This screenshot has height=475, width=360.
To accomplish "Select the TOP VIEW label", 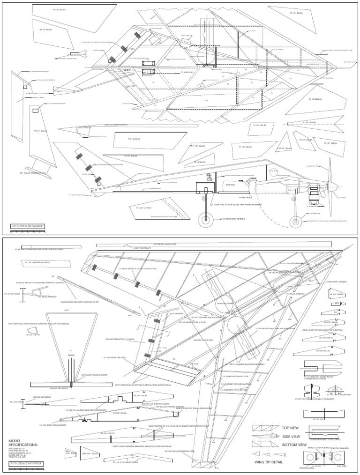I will [291, 427].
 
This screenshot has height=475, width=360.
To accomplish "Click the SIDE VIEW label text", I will [292, 436].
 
